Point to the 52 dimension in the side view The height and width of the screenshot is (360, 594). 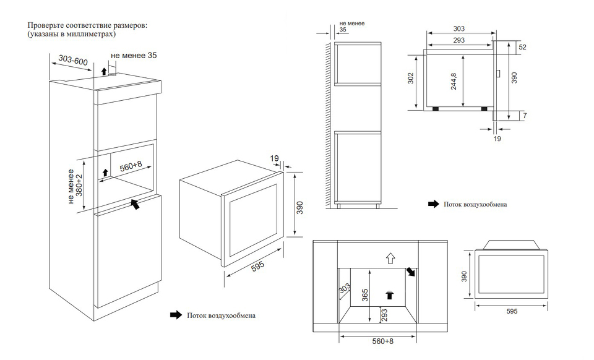[522, 48]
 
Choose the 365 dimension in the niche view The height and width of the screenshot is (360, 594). [365, 296]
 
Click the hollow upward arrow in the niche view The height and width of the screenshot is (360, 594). [389, 257]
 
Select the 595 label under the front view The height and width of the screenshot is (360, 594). [511, 311]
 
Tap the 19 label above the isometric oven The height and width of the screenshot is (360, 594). [275, 159]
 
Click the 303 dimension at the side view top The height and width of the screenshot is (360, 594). [458, 29]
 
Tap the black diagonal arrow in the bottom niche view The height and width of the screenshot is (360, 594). [411, 272]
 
